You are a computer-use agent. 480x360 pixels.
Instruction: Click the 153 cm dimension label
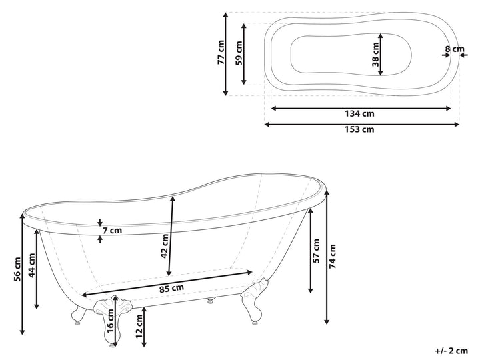click(x=359, y=129)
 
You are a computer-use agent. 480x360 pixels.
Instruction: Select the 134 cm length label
click(x=359, y=113)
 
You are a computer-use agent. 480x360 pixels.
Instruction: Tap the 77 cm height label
click(x=221, y=53)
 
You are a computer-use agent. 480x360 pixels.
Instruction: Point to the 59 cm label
click(x=239, y=53)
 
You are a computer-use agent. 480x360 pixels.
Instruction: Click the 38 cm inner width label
click(x=375, y=55)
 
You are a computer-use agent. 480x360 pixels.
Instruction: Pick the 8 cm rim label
click(x=455, y=49)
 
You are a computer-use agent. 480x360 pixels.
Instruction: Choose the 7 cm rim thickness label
click(x=112, y=230)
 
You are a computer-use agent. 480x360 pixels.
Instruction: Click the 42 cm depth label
click(x=165, y=246)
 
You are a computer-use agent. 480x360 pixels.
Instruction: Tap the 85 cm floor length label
click(x=171, y=288)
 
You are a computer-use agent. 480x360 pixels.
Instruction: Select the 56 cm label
click(x=17, y=269)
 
